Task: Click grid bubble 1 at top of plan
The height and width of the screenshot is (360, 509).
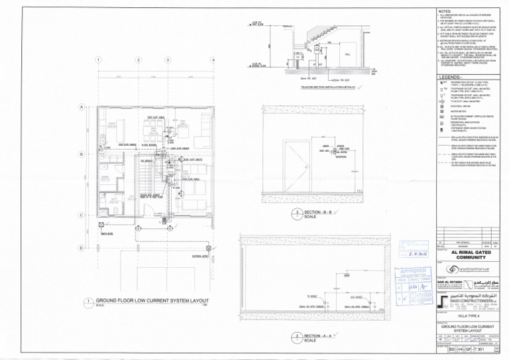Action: (99, 60)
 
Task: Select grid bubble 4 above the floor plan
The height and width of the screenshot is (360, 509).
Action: (213, 60)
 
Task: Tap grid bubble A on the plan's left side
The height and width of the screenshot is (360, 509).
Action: (81, 107)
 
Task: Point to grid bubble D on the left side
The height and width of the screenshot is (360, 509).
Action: (81, 247)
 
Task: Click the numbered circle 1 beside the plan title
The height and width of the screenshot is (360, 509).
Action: (88, 302)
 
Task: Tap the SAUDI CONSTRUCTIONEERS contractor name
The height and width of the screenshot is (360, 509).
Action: (468, 300)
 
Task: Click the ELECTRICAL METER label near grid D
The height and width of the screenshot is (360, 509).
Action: (199, 255)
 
